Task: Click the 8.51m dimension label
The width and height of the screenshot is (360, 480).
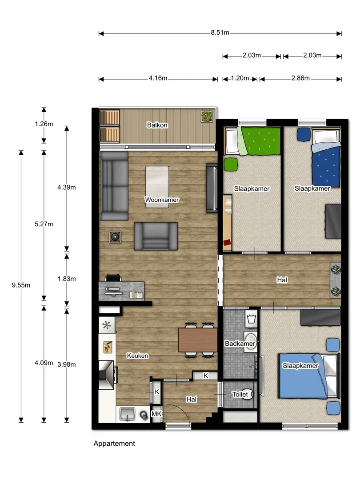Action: pyautogui.click(x=220, y=32)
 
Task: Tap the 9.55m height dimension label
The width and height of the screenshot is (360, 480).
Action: pyautogui.click(x=21, y=285)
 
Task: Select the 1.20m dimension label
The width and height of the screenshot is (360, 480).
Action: pyautogui.click(x=240, y=78)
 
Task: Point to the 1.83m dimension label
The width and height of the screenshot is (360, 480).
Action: pyautogui.click(x=67, y=279)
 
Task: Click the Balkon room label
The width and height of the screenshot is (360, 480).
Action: pyautogui.click(x=157, y=125)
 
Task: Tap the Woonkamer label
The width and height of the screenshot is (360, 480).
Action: pyautogui.click(x=162, y=200)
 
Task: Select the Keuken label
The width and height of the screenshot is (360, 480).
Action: pyautogui.click(x=137, y=356)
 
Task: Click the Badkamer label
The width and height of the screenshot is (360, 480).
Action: pyautogui.click(x=240, y=344)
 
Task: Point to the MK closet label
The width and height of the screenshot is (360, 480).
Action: pyautogui.click(x=156, y=414)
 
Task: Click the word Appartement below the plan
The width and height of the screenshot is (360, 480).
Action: pyautogui.click(x=114, y=444)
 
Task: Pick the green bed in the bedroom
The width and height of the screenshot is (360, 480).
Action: pyautogui.click(x=252, y=141)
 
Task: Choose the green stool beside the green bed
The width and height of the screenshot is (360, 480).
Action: pyautogui.click(x=231, y=164)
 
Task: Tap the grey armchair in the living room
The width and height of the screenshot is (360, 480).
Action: pyautogui.click(x=156, y=236)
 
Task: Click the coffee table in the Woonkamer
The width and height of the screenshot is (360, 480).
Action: pyautogui.click(x=157, y=187)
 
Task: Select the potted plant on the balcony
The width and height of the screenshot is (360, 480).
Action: pyautogui.click(x=207, y=116)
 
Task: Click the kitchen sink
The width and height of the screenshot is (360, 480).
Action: pyautogui.click(x=127, y=414)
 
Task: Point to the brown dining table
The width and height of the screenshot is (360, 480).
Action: pyautogui.click(x=198, y=340)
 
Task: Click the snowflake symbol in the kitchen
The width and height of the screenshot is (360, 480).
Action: pyautogui.click(x=107, y=325)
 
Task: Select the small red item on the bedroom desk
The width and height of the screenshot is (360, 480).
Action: pyautogui.click(x=227, y=243)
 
